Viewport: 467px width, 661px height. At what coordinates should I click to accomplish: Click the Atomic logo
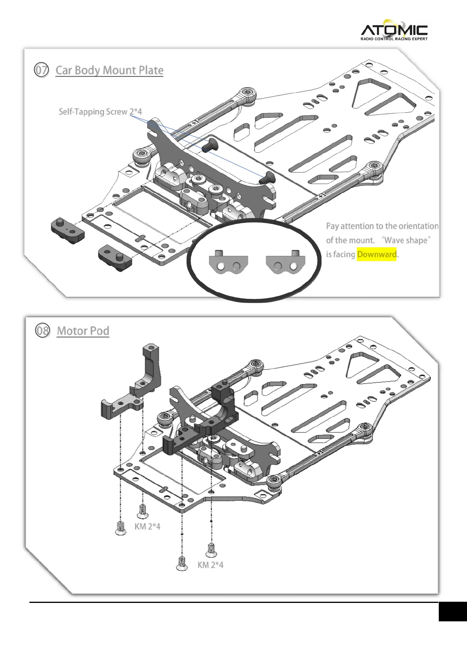coord(394,29)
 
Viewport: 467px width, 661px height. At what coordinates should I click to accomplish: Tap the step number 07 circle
coord(41,70)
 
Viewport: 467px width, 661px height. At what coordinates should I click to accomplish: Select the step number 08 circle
coord(42,330)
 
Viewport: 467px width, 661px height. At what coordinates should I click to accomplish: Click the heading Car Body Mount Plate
coord(109,70)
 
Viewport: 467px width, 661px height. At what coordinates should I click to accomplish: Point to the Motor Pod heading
coord(83,330)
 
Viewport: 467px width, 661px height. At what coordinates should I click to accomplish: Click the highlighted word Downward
coord(376,254)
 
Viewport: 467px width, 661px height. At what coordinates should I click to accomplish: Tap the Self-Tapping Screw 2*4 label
coord(100,112)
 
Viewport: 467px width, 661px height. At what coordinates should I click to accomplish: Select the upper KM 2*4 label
coord(147,526)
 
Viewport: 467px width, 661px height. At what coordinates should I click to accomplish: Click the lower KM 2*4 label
coord(211,565)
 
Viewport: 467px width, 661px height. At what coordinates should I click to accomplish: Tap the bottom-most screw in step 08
coord(182,563)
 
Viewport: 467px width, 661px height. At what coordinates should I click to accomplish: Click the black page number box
coord(452,612)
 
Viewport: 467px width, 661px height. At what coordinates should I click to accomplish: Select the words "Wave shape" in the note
coord(406,240)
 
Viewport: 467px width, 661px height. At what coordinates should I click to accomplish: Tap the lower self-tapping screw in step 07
coord(267,178)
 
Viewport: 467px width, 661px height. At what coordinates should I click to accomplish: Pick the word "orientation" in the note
coord(418,226)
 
